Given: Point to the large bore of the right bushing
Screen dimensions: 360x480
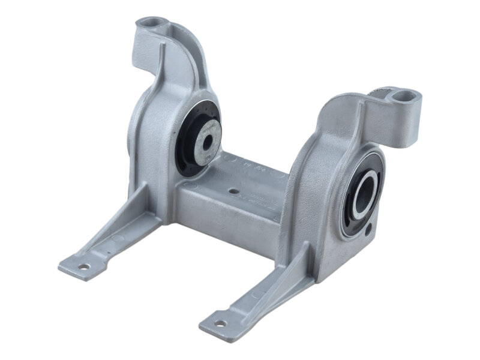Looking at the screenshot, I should pyautogui.click(x=365, y=193).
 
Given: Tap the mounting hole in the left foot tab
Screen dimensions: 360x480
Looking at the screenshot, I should pyautogui.click(x=84, y=267).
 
